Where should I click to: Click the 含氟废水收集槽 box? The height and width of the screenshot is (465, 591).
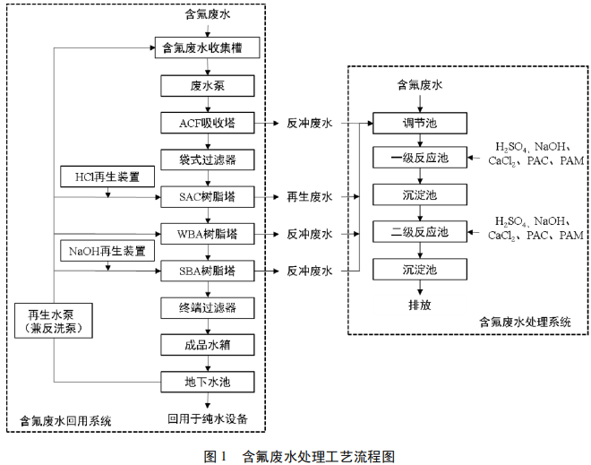208,48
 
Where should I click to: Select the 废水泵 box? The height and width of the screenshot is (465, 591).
208,86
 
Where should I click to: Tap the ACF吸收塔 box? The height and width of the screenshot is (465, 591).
208,123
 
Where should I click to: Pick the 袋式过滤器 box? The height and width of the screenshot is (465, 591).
208,159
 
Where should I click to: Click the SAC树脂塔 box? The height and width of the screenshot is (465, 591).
208,196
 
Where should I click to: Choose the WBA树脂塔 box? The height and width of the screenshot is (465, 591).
208,234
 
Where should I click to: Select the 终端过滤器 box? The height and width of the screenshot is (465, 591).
208,307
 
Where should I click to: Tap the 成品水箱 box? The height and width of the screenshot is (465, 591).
208,344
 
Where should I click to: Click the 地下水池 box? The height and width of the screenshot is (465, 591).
208,381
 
